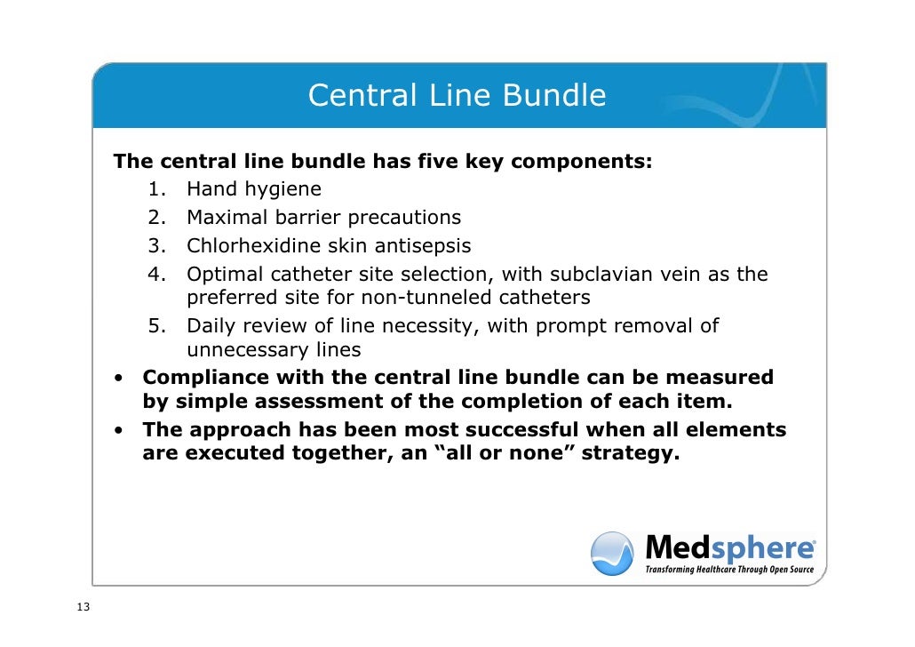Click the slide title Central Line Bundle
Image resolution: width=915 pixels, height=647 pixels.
[457, 96]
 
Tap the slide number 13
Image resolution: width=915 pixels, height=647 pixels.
[84, 608]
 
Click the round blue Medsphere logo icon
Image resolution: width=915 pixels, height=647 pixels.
[613, 553]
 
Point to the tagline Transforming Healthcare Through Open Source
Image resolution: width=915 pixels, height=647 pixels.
[728, 569]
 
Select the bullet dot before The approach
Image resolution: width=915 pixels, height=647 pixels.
[118, 431]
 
